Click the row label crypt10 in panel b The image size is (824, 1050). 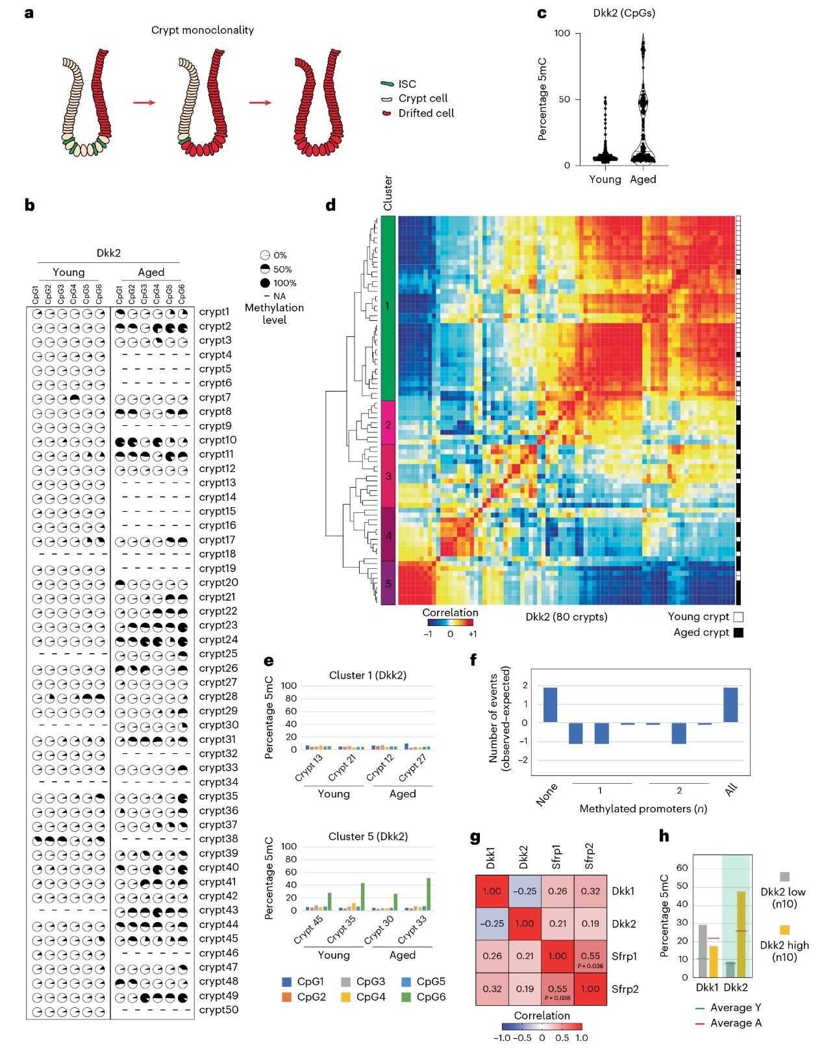point(218,440)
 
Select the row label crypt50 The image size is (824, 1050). point(218,1010)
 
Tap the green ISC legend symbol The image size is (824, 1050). point(387,84)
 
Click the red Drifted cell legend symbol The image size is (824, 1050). point(387,113)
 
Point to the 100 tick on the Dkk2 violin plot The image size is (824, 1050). point(562,33)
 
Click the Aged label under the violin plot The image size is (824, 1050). point(643,179)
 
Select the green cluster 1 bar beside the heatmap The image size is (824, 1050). point(388,308)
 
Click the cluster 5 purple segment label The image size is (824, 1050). point(388,584)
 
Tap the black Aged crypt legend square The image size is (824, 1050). point(738,632)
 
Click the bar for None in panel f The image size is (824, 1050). point(550,705)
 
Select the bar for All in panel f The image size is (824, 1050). point(730,705)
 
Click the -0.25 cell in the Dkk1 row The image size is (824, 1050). point(525,891)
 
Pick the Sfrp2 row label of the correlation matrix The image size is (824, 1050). point(625,989)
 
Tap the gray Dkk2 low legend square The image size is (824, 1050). point(784,877)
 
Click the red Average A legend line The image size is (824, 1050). point(700,1023)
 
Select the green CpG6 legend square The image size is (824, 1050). point(406,997)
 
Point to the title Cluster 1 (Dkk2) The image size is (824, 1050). point(368,675)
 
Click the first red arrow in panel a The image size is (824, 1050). point(144,103)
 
